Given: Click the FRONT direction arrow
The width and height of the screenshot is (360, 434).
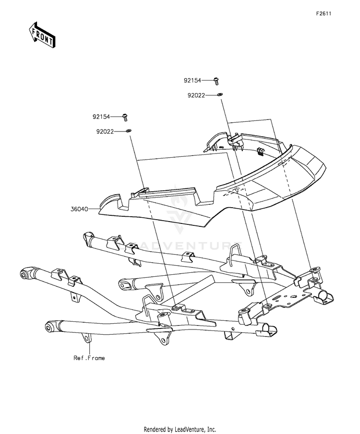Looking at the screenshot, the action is (42, 35).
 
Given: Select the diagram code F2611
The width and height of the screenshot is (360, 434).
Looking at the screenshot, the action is (324, 14).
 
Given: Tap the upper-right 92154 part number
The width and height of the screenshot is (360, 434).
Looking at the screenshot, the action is (192, 80).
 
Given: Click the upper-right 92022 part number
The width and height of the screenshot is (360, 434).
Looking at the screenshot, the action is (196, 95).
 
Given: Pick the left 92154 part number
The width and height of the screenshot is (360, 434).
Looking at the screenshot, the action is (101, 117).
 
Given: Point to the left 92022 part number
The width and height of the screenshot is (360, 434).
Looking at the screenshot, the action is (105, 132).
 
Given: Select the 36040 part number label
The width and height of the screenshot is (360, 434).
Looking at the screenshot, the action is (79, 209).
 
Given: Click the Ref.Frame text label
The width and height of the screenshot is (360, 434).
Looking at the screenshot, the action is (89, 358).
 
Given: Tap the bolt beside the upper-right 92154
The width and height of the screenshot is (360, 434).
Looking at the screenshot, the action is (216, 82).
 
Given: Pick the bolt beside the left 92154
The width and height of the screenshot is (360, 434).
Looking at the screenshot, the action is (125, 117).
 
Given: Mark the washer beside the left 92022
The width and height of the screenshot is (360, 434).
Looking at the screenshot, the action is (128, 130).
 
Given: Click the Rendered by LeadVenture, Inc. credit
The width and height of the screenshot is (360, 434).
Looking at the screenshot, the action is (180, 429).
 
